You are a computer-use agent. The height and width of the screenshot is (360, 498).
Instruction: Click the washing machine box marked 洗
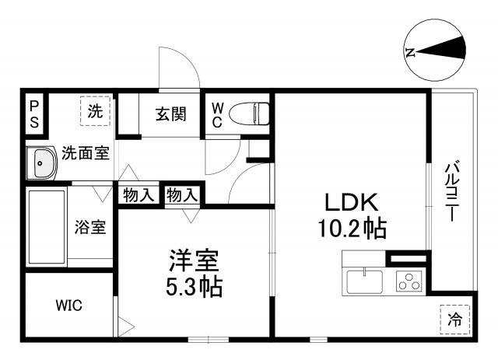pos(95,111)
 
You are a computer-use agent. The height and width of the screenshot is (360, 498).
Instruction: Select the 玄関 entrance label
pos(170,114)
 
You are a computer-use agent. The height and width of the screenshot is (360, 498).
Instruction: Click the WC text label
pos(217,114)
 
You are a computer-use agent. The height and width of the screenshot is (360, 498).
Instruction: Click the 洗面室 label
pos(86,152)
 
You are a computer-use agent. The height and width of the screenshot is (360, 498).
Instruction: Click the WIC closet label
pos(68,305)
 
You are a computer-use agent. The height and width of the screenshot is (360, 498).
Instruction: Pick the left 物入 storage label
pos(139,196)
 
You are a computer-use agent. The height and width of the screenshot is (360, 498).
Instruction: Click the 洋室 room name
pos(195,260)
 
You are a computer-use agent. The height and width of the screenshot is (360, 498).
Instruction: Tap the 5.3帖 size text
pos(195,288)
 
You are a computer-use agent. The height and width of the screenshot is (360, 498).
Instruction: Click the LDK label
pos(351,203)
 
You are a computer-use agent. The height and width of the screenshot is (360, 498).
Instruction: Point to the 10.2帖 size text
pos(352,230)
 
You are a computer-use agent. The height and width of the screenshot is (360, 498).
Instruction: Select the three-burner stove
pos(408,281)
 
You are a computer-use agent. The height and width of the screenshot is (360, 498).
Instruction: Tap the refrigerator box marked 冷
pos(455,319)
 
